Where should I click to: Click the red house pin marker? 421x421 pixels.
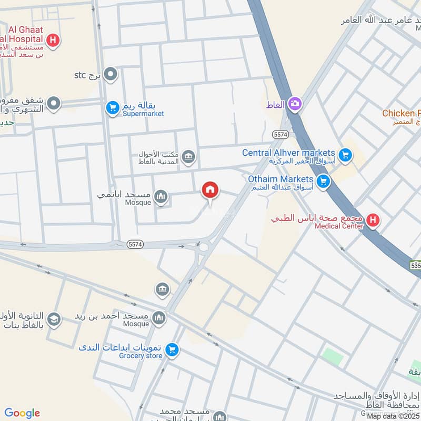pos(210,191)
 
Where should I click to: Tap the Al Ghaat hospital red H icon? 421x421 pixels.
pos(53,39)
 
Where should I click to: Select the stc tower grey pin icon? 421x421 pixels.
pos(111,75)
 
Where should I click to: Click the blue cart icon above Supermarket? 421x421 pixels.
pos(112,108)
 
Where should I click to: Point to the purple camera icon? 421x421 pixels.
pos(294,104)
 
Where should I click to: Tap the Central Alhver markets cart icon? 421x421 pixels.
pos(345,155)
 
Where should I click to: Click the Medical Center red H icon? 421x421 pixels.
pos(373,220)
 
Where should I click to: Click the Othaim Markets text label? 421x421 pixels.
pos(280,179)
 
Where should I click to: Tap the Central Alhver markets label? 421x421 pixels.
pos(288,153)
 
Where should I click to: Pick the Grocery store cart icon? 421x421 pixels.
pos(172,350)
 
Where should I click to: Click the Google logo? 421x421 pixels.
pos(22,413)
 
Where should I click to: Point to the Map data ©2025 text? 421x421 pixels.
pos(393,416)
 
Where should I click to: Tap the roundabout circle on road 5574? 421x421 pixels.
pos(203,246)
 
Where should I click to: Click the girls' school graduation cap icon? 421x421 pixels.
pos(53,319)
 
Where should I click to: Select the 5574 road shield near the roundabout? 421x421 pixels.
pos(135,244)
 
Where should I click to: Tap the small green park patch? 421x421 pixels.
pos(333,356)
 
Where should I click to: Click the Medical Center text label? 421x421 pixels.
pos(338,226)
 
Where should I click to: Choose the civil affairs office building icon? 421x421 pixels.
pos(188,156)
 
